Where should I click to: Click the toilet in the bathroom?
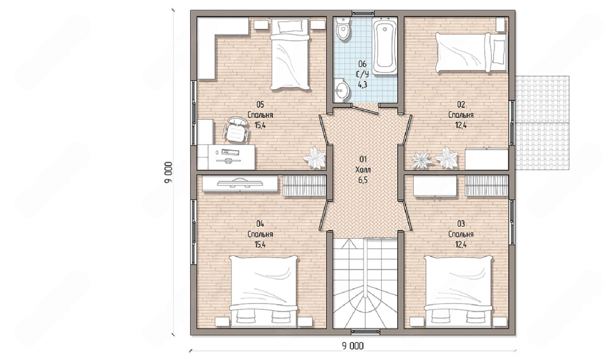342,29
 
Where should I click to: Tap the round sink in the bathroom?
342,90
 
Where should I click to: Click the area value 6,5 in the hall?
363,180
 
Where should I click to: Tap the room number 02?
461,104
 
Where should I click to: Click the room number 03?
461,224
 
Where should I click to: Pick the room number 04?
260,224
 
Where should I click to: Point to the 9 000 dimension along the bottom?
353,346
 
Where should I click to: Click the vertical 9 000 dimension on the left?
168,172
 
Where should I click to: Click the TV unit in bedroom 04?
240,183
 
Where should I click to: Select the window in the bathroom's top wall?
363,13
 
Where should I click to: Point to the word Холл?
363,170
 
